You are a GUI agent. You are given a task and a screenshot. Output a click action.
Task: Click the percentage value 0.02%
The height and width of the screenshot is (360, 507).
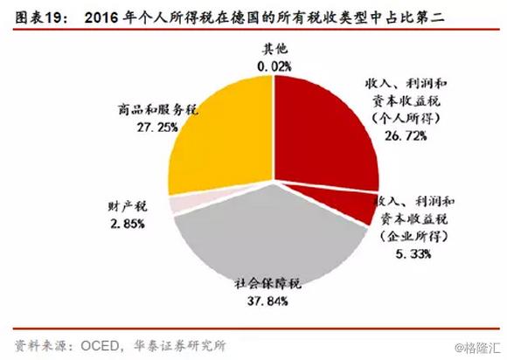pyautogui.click(x=274, y=66)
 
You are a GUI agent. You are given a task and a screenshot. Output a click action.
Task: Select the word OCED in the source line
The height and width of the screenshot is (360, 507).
pyautogui.click(x=93, y=344)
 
